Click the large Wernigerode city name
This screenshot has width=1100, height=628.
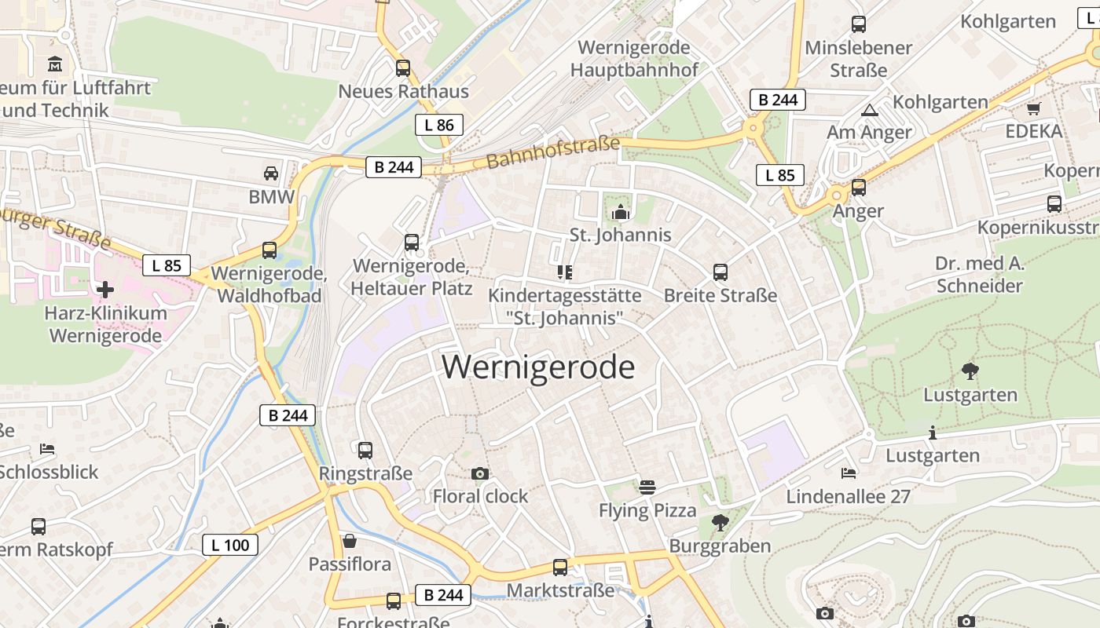[x=538, y=367]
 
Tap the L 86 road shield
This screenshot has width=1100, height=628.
[x=439, y=125]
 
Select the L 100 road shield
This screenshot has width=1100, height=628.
[x=230, y=545]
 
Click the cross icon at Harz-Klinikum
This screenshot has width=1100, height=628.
[x=104, y=290]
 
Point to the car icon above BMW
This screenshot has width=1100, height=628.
[x=271, y=173]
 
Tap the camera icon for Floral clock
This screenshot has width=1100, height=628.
[x=480, y=473]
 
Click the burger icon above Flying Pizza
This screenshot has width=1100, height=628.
[x=647, y=487]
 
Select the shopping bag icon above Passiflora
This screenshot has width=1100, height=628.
[x=350, y=541]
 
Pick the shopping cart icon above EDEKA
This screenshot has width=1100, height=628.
[x=1033, y=108]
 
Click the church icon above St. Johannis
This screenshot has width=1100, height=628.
[x=621, y=212]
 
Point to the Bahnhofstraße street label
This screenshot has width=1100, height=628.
[x=553, y=152]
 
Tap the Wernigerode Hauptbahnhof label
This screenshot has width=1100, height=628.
[x=634, y=59]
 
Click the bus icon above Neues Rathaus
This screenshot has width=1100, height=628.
[x=403, y=68]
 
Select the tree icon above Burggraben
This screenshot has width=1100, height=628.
[x=720, y=522]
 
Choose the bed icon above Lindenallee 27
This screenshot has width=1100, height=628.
[x=849, y=473]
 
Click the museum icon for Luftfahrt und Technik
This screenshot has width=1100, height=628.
[x=55, y=64]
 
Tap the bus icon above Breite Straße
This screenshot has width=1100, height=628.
[x=720, y=272]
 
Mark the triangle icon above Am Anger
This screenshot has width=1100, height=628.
[x=869, y=110]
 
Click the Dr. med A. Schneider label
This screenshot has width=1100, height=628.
[x=980, y=274]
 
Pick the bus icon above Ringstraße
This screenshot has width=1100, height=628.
[x=365, y=451]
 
